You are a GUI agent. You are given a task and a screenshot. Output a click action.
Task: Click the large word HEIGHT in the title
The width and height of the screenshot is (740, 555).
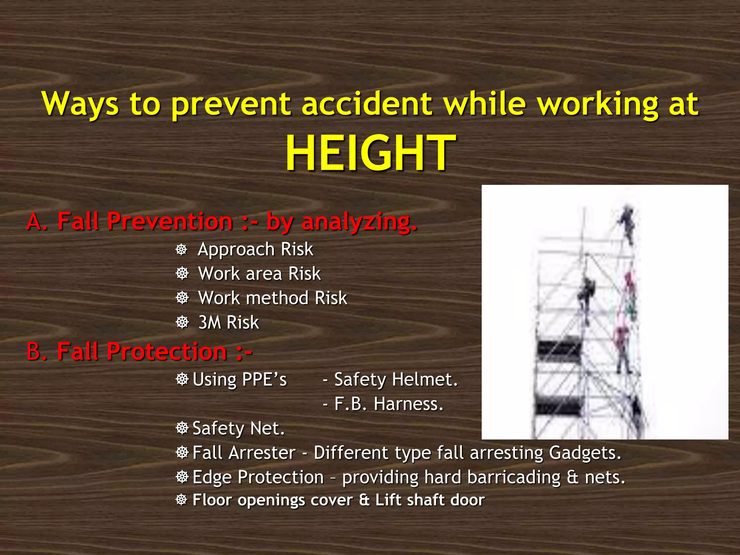(x=370, y=152)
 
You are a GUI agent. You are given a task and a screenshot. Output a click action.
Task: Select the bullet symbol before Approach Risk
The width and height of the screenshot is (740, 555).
(x=181, y=250)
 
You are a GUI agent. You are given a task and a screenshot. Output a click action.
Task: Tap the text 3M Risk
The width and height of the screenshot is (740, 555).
(x=229, y=322)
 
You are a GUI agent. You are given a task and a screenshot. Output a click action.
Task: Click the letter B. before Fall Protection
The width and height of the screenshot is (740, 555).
(x=37, y=351)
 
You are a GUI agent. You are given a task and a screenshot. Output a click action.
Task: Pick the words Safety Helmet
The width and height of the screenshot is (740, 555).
(x=396, y=379)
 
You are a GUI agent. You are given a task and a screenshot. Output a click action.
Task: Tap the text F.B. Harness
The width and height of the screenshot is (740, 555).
(x=388, y=404)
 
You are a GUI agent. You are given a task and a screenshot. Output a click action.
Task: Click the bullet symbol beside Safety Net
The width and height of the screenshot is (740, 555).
(x=182, y=428)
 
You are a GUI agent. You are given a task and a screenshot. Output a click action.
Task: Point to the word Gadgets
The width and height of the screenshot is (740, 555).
(x=585, y=453)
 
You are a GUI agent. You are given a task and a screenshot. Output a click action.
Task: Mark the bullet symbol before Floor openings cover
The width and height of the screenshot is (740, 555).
(x=181, y=500)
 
